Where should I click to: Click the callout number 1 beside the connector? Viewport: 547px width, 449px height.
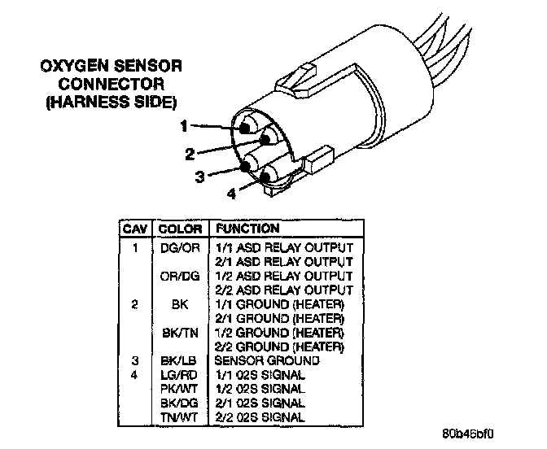(184, 126)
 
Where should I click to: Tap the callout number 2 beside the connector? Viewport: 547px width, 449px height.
(190, 152)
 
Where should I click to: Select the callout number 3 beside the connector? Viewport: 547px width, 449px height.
(199, 176)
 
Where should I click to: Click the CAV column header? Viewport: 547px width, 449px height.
(133, 229)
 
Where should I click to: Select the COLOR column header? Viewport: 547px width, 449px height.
(179, 229)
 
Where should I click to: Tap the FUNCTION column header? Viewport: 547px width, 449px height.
(247, 229)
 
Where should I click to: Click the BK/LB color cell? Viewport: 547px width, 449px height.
(177, 360)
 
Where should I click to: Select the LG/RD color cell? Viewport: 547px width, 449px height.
(177, 375)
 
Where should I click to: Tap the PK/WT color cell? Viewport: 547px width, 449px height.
(177, 389)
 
